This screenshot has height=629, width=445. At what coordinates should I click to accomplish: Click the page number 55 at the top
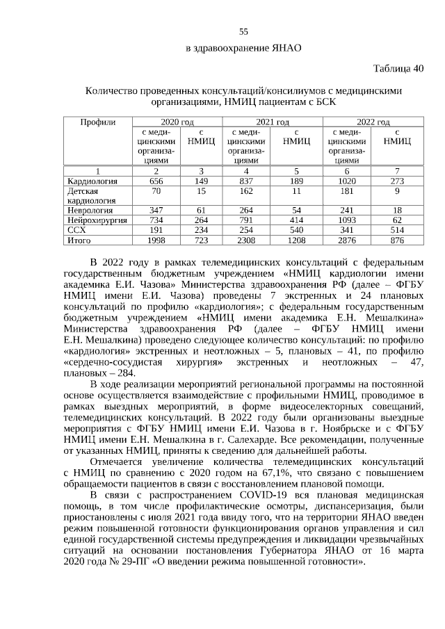243,31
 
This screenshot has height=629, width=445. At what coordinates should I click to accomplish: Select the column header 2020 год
177,122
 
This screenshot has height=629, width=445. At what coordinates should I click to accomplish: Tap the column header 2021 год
273,122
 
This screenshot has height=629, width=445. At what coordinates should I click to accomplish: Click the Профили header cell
98,122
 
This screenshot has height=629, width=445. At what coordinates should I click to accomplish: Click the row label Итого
79,240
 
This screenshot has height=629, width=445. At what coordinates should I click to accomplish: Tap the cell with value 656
156,180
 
